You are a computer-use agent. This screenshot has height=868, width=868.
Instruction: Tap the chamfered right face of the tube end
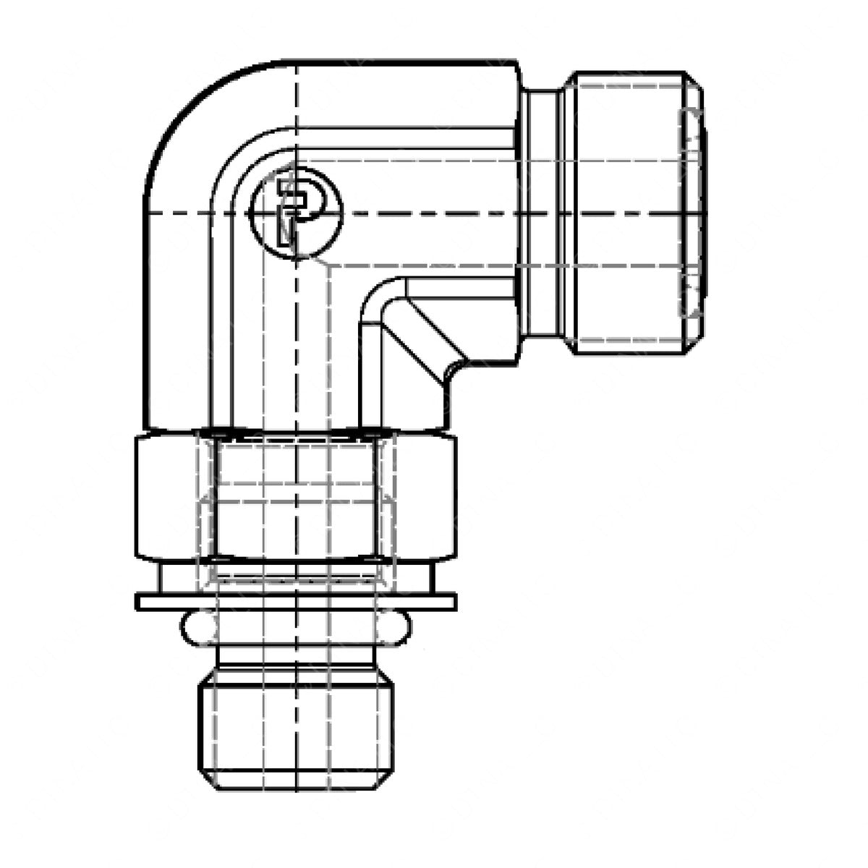pyautogui.click(x=694, y=213)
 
